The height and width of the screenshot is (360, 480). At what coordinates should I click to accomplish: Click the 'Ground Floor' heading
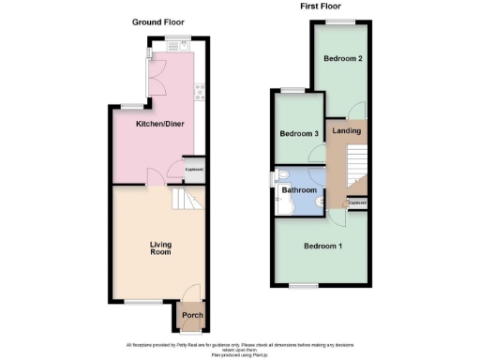click(x=157, y=22)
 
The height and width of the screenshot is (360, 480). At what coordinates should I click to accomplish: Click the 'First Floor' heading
click(x=320, y=7)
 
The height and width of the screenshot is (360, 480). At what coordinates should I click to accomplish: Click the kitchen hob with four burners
click(x=199, y=91)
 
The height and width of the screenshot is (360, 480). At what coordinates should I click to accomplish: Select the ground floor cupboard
click(x=194, y=169)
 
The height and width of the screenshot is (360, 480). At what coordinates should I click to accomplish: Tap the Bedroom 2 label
click(x=342, y=58)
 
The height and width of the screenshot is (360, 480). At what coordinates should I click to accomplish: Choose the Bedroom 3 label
click(x=299, y=134)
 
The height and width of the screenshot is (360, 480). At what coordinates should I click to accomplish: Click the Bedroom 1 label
click(x=322, y=247)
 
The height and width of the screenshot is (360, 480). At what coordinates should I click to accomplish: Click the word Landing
click(x=347, y=130)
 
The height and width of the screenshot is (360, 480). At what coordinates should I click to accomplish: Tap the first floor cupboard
click(x=357, y=202)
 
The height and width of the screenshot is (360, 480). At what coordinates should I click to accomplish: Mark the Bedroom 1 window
click(x=302, y=283)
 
